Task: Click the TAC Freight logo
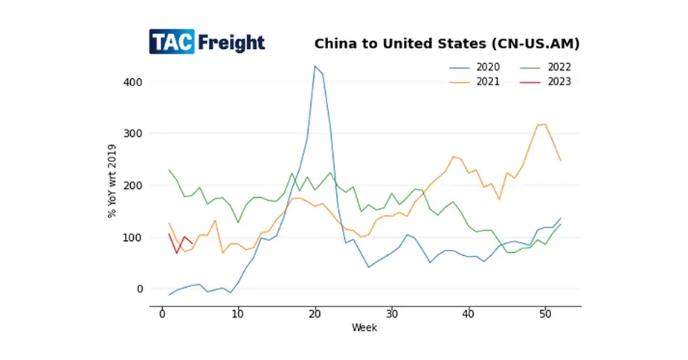[207, 42]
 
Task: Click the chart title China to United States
[446, 44]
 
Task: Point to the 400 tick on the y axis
[134, 82]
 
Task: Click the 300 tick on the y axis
[134, 134]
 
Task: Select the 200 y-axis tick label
[134, 185]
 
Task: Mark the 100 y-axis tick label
[134, 237]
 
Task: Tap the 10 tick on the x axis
[237, 315]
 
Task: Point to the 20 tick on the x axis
[315, 315]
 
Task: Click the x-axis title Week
[364, 327]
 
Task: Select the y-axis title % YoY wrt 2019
[112, 185]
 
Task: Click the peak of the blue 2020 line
[315, 66]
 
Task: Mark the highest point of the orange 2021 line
[545, 124]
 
